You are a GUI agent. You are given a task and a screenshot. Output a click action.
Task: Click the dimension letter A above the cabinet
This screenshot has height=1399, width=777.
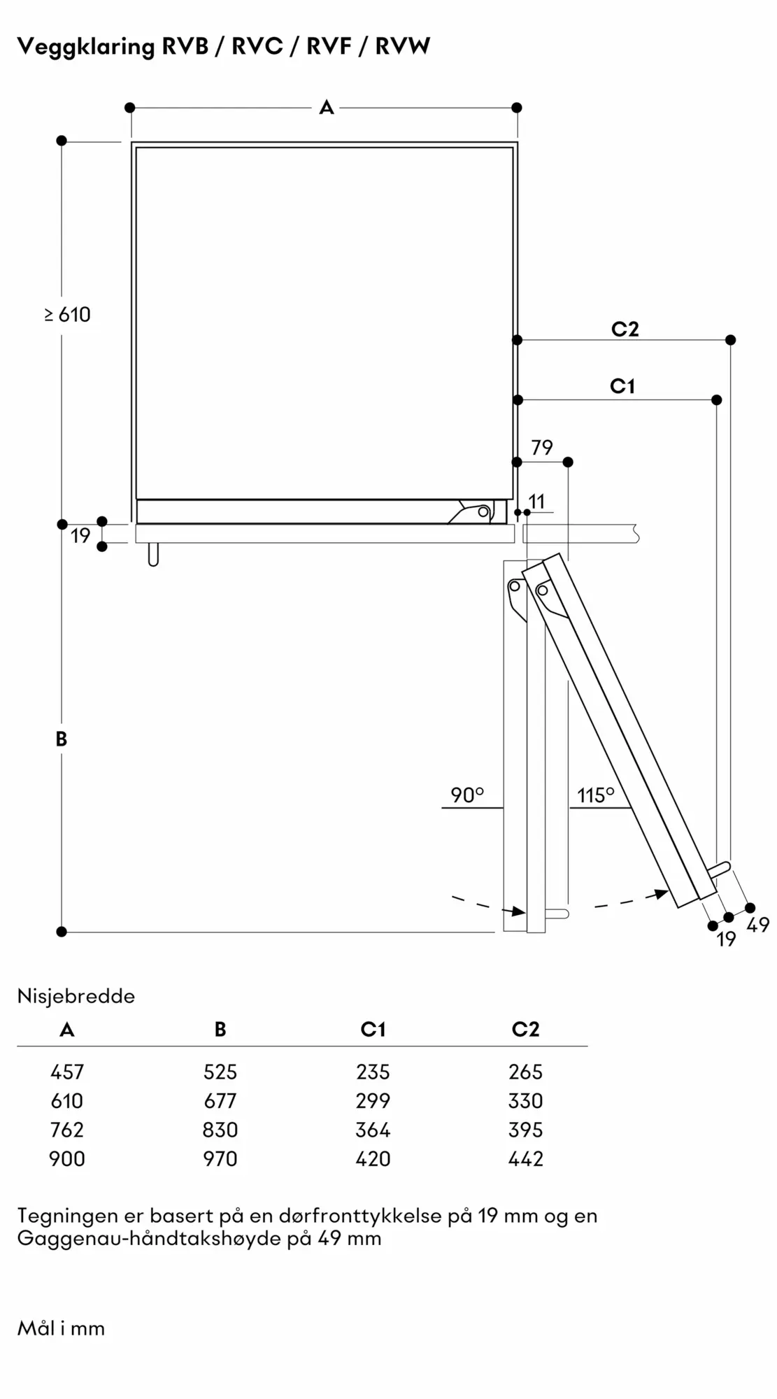[x=327, y=108]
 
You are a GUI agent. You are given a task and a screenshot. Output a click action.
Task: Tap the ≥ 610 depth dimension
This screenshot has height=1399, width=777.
[x=68, y=315]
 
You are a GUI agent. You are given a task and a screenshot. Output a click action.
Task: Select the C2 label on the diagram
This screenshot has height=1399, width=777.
[x=625, y=329]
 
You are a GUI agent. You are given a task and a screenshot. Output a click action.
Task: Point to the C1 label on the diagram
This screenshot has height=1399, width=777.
[x=622, y=386]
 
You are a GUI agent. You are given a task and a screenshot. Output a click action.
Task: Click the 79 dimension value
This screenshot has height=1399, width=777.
[x=542, y=448]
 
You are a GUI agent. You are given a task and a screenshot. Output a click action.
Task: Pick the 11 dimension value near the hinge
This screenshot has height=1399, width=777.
[x=536, y=502]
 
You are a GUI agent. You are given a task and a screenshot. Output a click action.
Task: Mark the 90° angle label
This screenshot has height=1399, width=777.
[x=466, y=795]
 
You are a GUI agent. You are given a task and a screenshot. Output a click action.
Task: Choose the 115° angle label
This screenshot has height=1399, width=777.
[x=595, y=795]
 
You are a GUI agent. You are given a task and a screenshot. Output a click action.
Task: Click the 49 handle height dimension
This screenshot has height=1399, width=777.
[x=758, y=925]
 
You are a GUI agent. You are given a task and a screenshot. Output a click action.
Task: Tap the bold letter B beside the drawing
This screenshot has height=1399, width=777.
[x=62, y=739]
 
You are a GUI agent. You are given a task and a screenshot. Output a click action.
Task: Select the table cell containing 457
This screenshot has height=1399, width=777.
[x=67, y=1072]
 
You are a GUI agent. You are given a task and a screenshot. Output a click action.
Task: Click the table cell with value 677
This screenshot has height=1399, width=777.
[x=220, y=1101]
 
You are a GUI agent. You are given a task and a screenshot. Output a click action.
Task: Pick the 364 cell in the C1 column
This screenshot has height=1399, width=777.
[x=373, y=1130]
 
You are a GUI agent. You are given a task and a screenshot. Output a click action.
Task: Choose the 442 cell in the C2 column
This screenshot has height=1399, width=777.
[x=525, y=1159]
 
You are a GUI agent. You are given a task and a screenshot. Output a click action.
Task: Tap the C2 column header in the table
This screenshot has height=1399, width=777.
[x=525, y=1029]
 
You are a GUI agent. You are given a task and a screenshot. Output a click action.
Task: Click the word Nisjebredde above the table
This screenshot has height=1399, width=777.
[x=76, y=996]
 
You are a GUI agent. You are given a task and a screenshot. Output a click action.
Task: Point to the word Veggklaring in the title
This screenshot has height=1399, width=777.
[x=85, y=47]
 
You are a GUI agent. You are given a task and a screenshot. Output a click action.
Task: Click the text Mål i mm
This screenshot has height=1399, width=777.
[x=61, y=1329]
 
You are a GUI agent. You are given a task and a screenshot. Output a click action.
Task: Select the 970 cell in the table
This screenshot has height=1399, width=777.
[x=220, y=1159]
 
